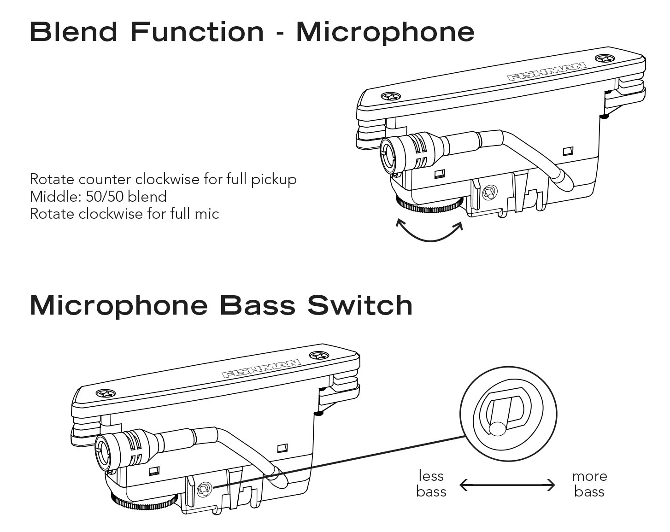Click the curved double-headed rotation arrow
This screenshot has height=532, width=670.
click(x=429, y=233)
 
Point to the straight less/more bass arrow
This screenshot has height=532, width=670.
click(x=507, y=485)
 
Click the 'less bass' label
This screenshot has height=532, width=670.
click(x=431, y=484)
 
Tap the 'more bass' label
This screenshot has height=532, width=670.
click(x=589, y=484)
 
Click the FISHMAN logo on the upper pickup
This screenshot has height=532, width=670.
click(x=547, y=72)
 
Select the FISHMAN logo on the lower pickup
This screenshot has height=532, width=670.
click(x=261, y=368)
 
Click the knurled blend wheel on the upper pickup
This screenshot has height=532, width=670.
click(x=429, y=205)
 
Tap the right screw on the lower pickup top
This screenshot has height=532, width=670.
click(x=318, y=356)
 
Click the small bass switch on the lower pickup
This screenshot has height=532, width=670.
click(x=204, y=489)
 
